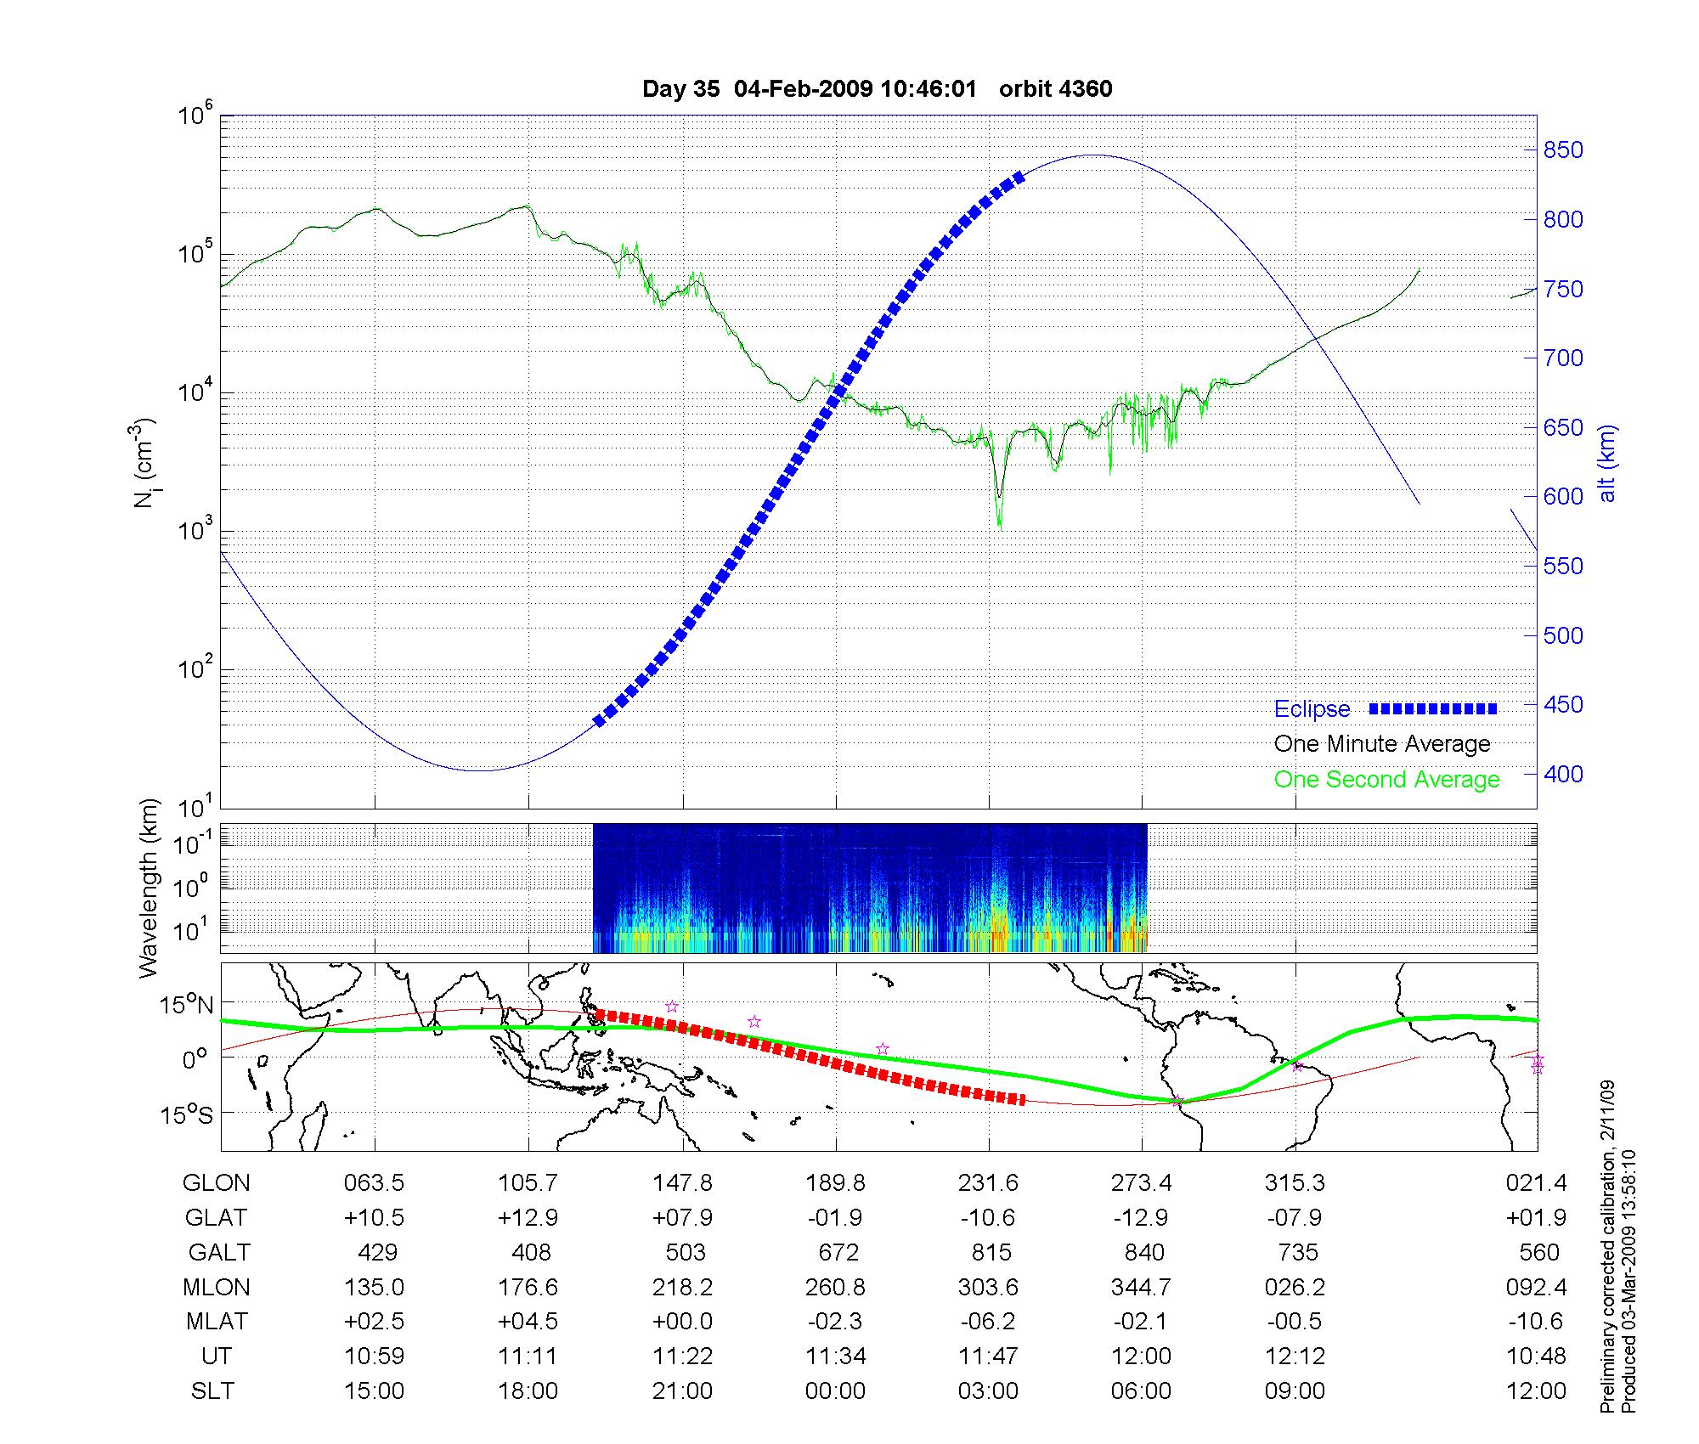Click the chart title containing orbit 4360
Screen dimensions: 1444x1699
877,89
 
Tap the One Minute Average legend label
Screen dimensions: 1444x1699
1382,744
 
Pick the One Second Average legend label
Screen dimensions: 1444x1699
1386,780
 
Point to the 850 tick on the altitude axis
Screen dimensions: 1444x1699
1563,150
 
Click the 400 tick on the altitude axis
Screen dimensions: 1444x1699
1563,774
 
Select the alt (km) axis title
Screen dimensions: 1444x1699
1607,463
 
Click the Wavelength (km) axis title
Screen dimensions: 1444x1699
150,888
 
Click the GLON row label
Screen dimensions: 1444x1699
217,1183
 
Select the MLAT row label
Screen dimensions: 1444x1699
217,1322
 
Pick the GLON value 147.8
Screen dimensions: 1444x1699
682,1183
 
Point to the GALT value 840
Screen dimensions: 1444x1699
1143,1253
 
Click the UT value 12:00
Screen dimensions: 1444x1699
1142,1357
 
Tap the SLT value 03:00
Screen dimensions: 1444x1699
989,1391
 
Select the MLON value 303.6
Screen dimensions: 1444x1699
989,1288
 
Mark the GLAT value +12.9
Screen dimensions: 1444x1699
528,1218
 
